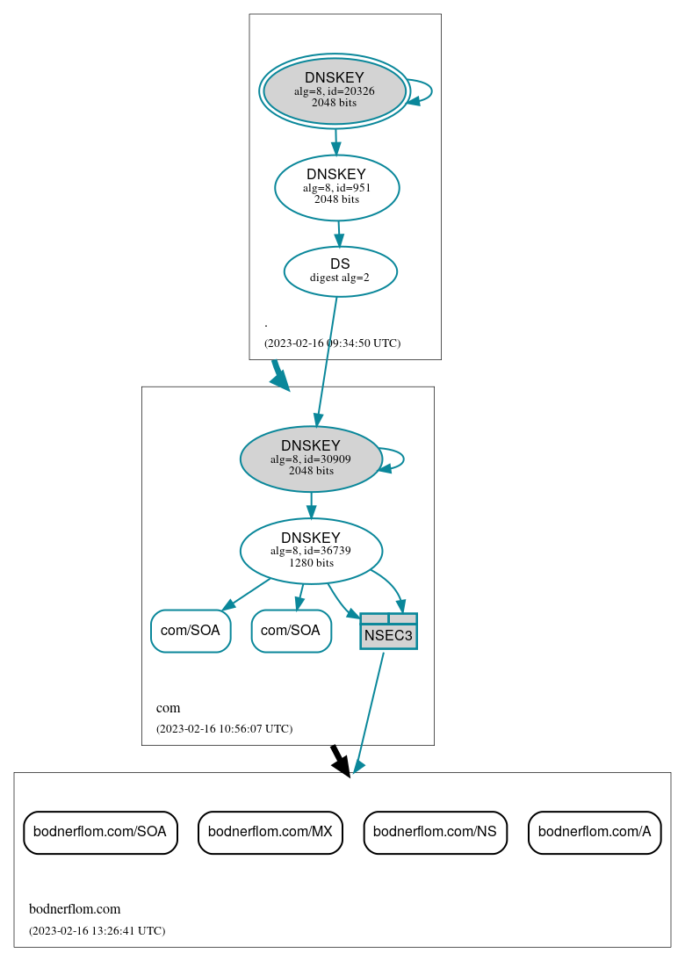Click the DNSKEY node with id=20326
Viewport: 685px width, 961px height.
coord(334,90)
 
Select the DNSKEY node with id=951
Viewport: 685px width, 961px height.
coord(336,187)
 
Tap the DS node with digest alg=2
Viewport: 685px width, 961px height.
coord(340,271)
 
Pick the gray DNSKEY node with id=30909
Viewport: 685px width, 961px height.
coord(310,459)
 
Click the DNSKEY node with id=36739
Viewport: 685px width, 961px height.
coord(310,551)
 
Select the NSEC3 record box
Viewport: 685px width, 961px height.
coord(388,632)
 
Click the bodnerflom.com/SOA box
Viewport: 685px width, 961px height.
coord(100,832)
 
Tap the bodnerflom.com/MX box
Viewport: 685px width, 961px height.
coord(270,832)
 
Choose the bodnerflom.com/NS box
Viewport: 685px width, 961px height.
coord(435,832)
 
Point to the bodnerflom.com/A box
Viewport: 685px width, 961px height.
coord(594,832)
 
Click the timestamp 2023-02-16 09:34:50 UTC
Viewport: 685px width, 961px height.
coord(332,343)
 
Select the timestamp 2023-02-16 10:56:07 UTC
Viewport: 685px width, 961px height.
coord(224,729)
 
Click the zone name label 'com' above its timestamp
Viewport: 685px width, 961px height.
coord(168,708)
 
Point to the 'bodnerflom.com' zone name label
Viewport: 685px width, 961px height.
coord(75,909)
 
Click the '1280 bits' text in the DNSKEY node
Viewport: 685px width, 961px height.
coord(311,563)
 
